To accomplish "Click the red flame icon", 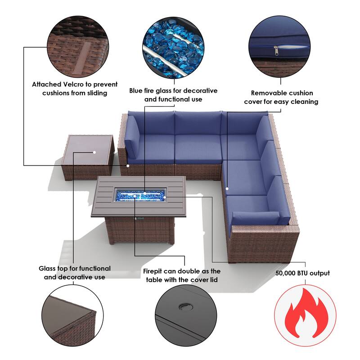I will point(306,310).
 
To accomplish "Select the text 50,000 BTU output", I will point(302,273).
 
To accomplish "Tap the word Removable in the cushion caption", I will point(265,93).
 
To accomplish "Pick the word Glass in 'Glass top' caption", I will point(48,269).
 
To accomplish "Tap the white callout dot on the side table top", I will point(94,152).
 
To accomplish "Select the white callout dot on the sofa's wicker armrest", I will point(128,166).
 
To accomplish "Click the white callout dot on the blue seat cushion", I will point(227,189).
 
